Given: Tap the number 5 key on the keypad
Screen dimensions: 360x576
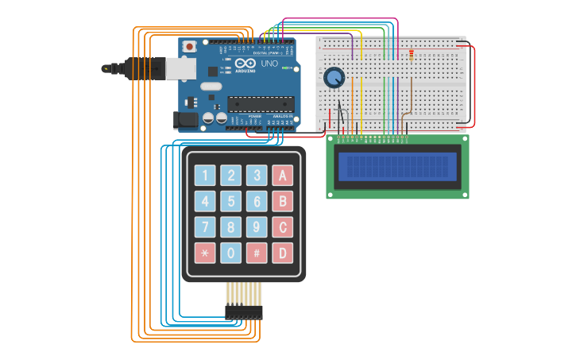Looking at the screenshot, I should pos(230,201).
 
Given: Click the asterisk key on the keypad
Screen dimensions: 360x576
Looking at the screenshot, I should pos(205,253).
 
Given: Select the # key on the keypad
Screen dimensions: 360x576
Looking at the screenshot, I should pos(256,253).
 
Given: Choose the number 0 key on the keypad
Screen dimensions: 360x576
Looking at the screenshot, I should pos(230,253).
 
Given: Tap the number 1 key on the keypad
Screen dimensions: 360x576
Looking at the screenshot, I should pos(205,176).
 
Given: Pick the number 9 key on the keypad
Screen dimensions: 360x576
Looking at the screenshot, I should pos(256,227).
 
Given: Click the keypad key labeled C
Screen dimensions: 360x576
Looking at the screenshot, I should pos(282,227).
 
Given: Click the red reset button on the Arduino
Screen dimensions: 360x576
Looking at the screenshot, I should pos(189,48).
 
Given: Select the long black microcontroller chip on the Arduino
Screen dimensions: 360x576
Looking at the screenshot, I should pos(261,103).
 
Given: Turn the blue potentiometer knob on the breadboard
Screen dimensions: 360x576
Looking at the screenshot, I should pos(334,78).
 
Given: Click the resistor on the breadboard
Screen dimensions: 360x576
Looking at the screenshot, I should pos(410,54).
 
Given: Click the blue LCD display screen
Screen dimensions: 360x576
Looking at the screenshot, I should pos(397,166).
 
